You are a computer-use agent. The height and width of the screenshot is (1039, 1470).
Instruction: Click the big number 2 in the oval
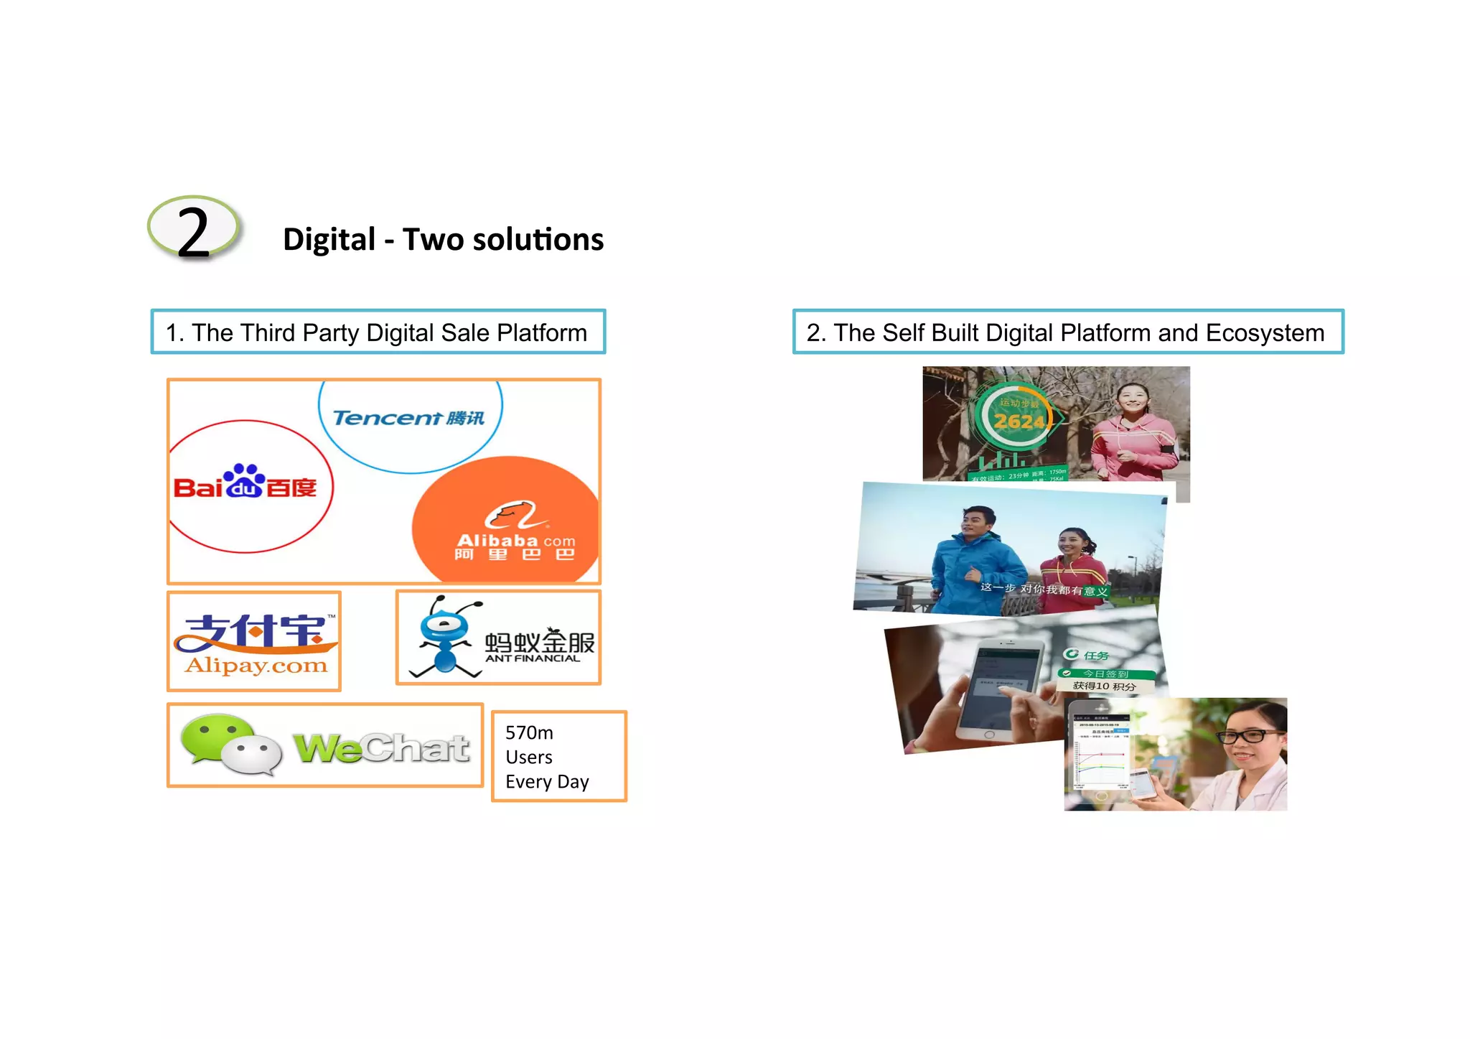click(192, 231)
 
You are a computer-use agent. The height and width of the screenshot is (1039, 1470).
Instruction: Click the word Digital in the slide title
click(329, 240)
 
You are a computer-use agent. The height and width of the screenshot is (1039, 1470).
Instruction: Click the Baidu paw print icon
click(244, 480)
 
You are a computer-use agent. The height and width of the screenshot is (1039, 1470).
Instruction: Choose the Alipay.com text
click(256, 666)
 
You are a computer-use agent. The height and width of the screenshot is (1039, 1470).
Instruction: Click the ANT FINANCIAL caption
click(532, 658)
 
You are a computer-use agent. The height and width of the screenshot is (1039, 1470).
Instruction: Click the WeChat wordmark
click(382, 748)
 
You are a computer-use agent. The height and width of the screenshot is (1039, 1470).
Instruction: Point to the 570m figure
click(529, 733)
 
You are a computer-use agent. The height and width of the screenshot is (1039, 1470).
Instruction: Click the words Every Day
click(547, 782)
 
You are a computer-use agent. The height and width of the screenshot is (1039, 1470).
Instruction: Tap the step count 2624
click(1019, 421)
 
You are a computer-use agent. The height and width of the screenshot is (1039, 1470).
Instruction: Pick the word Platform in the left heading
click(542, 333)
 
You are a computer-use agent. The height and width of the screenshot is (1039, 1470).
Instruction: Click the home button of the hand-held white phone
click(989, 735)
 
